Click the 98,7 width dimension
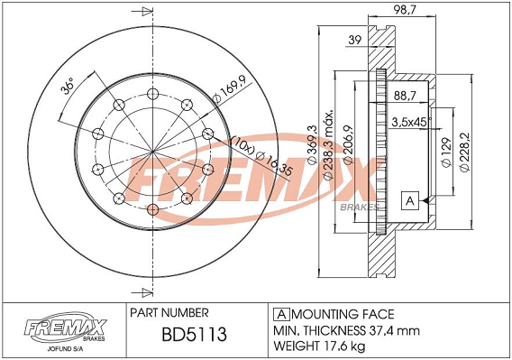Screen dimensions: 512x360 [x=405, y=10]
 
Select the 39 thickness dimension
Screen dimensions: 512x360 [x=355, y=40]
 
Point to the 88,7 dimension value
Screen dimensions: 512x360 [x=405, y=96]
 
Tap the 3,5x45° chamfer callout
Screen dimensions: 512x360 [x=411, y=123]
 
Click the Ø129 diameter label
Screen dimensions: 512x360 [x=446, y=152]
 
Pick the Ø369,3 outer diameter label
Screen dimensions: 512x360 [x=313, y=144]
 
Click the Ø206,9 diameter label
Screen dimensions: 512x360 [x=348, y=144]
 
